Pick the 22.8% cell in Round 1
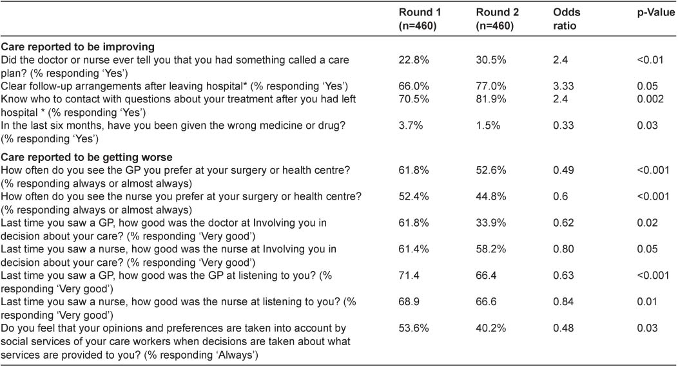click(x=411, y=59)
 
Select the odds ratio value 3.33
click(x=563, y=86)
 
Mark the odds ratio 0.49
click(x=563, y=170)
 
